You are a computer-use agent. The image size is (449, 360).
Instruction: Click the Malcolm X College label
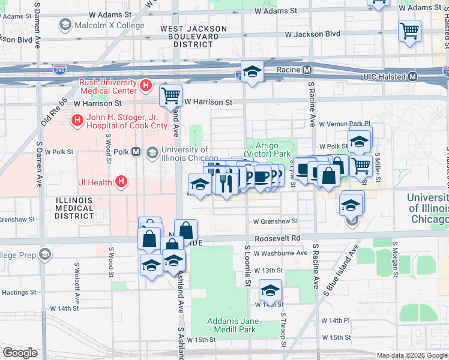[x=109, y=26]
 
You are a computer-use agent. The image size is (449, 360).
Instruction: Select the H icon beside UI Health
[x=121, y=181]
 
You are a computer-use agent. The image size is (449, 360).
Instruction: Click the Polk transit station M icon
[x=136, y=152]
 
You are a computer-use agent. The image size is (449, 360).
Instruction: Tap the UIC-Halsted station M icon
[x=412, y=77]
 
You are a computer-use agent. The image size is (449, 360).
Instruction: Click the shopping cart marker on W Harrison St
[x=171, y=94]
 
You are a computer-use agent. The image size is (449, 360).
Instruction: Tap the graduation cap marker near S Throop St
[x=271, y=291]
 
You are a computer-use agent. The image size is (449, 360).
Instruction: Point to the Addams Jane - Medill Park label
[x=233, y=325]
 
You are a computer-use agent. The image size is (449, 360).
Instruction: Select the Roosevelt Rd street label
[x=277, y=238]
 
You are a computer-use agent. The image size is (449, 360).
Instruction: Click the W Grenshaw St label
[x=276, y=221]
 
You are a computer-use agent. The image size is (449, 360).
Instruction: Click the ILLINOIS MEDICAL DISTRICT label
[x=74, y=206]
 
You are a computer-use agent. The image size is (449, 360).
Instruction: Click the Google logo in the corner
[x=20, y=353]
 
